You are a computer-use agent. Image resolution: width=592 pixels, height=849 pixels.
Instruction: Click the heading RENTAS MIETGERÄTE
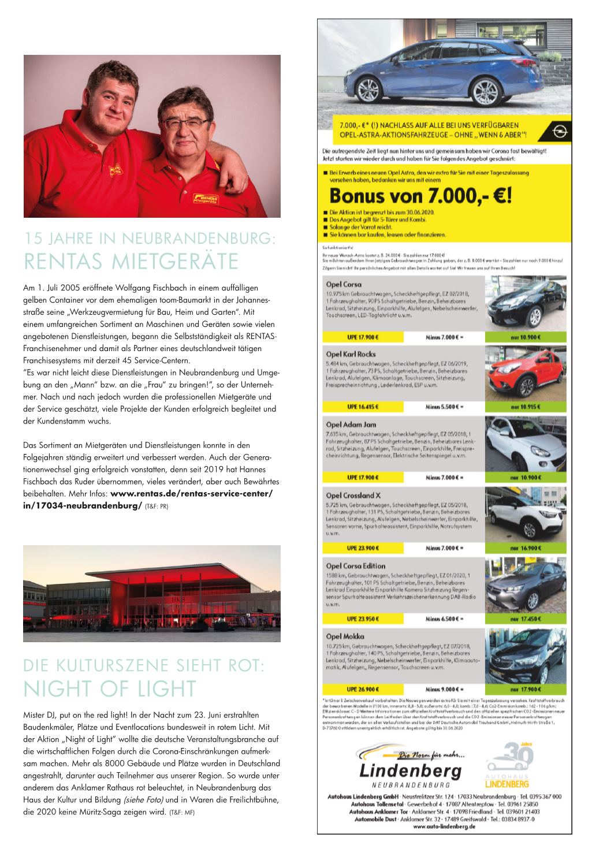tap(131, 260)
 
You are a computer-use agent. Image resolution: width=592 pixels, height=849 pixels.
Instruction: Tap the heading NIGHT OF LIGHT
tap(110, 688)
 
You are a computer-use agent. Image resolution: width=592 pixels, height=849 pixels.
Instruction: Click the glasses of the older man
tap(185, 124)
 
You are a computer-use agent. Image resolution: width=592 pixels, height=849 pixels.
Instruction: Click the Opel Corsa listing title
tap(344, 284)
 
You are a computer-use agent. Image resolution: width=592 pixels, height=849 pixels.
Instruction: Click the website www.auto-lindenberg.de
tap(445, 826)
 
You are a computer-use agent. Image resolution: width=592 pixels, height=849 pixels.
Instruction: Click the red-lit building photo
tap(151, 594)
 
